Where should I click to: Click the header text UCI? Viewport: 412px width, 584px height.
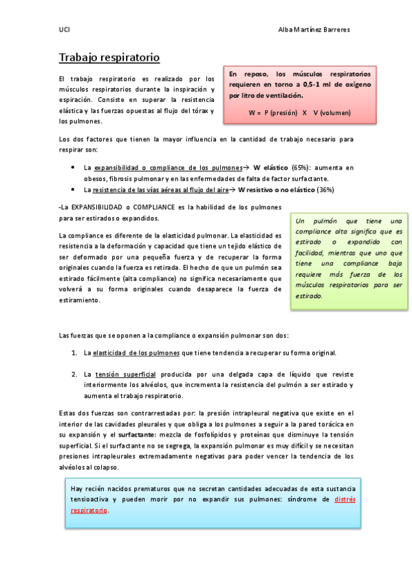[x=64, y=30]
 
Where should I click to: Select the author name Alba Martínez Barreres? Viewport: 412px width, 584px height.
[x=313, y=30]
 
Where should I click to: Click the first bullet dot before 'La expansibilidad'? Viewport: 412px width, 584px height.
[x=74, y=167]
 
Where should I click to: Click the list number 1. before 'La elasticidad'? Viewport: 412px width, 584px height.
[x=74, y=353]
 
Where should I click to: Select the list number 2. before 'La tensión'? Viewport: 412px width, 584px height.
[x=74, y=375]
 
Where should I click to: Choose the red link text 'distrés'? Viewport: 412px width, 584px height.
[x=345, y=500]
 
